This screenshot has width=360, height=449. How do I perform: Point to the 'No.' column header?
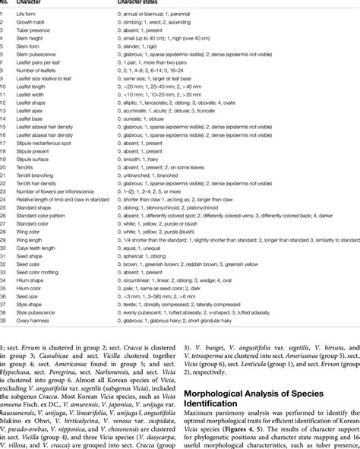tap(6, 5)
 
